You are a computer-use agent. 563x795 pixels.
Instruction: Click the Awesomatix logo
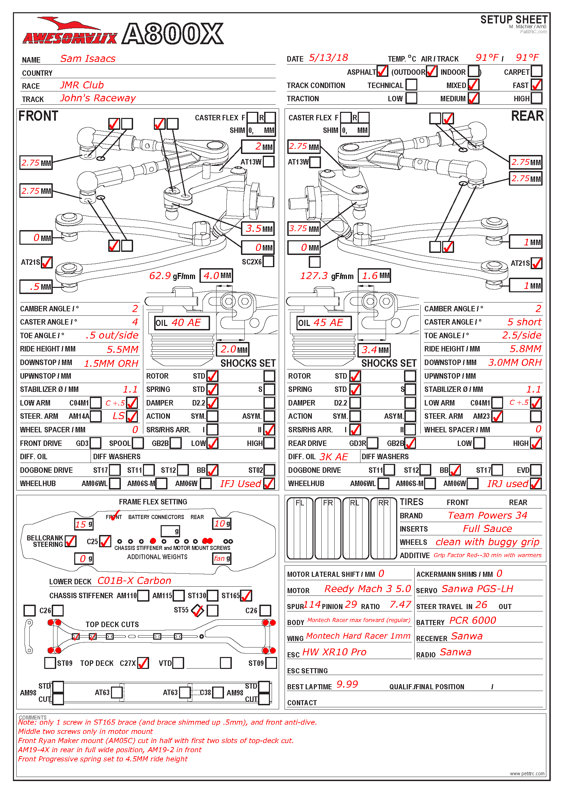point(69,33)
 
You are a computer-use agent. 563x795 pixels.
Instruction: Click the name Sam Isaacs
point(88,58)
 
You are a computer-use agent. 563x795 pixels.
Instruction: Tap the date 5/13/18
point(328,58)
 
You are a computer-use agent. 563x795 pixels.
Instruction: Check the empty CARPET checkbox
point(536,71)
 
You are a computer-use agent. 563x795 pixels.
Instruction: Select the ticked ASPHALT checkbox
point(382,71)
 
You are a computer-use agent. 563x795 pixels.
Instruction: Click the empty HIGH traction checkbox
point(536,98)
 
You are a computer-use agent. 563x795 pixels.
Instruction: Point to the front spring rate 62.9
point(160,276)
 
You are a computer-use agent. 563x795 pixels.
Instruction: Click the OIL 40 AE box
point(182,323)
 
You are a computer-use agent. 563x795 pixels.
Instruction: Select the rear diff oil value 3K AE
point(334,457)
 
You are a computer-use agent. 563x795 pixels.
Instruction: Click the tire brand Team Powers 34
point(487,515)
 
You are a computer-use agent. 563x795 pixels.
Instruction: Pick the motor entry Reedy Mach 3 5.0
point(368,589)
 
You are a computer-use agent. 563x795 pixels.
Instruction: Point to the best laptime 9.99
point(347,684)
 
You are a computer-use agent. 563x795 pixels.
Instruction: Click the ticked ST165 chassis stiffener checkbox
point(246,595)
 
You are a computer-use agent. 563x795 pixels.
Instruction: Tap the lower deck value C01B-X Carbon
point(134,581)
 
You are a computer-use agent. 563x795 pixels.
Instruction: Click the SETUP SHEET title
point(513,20)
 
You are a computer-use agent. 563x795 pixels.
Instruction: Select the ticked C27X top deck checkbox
point(143,663)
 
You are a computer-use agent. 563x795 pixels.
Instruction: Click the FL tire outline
point(300,528)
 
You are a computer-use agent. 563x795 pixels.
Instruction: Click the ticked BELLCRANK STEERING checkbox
point(70,541)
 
